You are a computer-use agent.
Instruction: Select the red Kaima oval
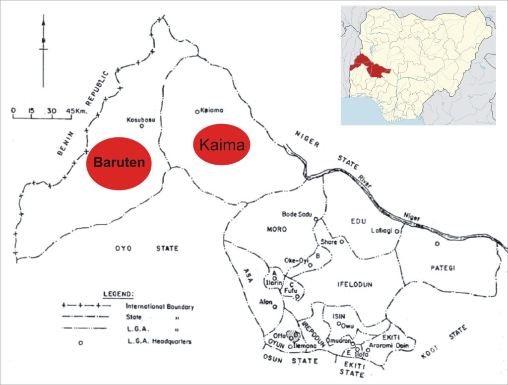[x=221, y=144]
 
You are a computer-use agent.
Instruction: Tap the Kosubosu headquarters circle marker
[x=141, y=126]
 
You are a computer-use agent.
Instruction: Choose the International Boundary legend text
[x=160, y=307]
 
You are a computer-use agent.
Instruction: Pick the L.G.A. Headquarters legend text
[x=159, y=341]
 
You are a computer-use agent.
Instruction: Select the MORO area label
[x=277, y=229]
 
